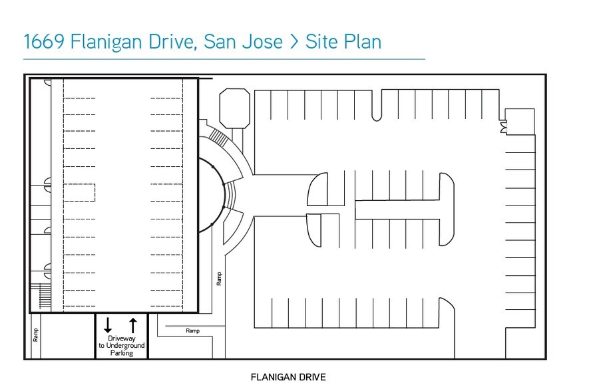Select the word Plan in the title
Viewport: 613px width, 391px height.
point(362,42)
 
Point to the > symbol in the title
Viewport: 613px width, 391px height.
point(294,43)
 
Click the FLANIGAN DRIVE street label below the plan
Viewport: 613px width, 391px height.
point(288,378)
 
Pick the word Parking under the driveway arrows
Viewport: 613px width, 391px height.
point(121,353)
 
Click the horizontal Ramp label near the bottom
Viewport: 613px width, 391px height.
point(193,330)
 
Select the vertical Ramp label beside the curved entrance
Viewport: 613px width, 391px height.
point(218,278)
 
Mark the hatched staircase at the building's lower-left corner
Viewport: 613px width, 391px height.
point(45,293)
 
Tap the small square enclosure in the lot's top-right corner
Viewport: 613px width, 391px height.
point(519,121)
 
